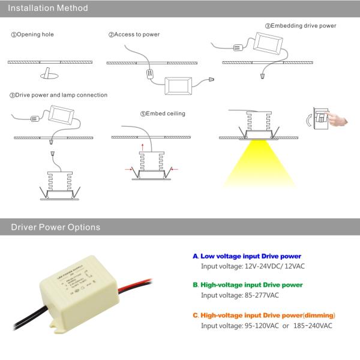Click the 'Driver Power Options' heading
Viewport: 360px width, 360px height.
52,227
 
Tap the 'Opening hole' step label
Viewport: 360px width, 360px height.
33,35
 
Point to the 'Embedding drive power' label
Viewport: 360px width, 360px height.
301,26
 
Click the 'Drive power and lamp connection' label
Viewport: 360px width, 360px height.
58,95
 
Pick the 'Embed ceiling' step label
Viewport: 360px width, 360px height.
163,113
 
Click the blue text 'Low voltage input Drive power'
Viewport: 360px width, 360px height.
250,256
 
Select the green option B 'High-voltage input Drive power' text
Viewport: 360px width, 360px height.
251,285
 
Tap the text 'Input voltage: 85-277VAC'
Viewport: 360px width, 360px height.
241,295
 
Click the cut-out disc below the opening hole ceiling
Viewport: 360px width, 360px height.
47,75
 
